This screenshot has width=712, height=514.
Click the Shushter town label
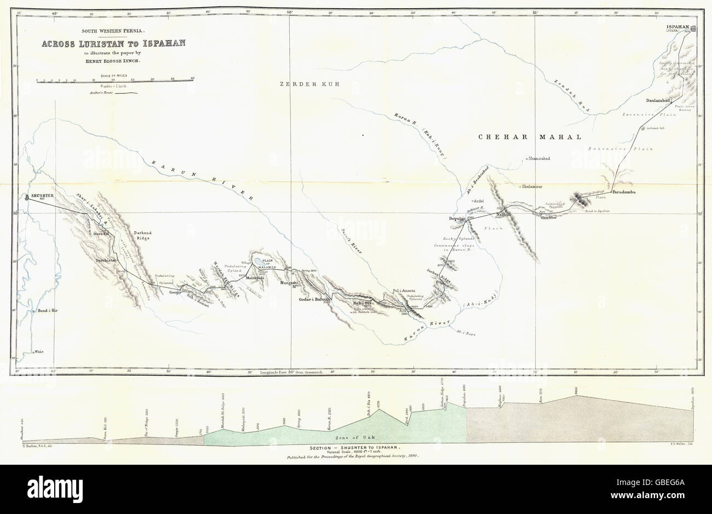click(40, 195)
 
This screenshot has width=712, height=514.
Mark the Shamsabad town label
click(540, 159)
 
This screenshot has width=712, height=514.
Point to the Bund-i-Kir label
click(48, 310)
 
